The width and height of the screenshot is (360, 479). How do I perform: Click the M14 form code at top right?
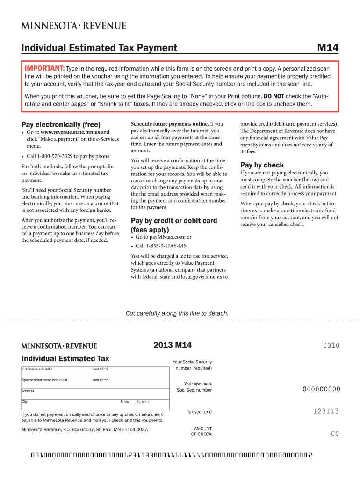coord(328,48)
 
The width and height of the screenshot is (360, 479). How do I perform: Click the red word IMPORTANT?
coord(45,68)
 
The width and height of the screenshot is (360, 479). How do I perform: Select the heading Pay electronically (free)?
coord(61,124)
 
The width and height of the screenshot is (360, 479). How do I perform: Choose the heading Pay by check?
coord(262,165)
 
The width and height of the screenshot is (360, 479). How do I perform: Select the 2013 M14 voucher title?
coord(173,346)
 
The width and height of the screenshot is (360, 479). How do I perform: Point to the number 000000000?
coord(321,389)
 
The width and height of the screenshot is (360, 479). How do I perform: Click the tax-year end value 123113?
coord(326,411)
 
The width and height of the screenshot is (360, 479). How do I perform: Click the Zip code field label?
coord(143,402)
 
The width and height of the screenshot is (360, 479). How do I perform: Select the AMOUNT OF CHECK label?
coord(202,431)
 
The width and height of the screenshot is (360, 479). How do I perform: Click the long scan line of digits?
coord(171,455)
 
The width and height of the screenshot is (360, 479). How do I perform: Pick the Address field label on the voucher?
coord(28,391)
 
